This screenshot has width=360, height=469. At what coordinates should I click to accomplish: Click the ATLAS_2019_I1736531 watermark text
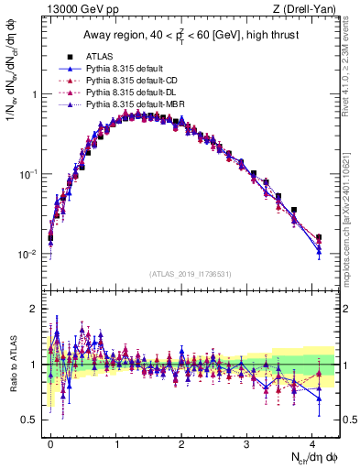coord(191,273)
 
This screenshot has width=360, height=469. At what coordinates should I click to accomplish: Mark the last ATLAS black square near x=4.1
coord(319,237)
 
